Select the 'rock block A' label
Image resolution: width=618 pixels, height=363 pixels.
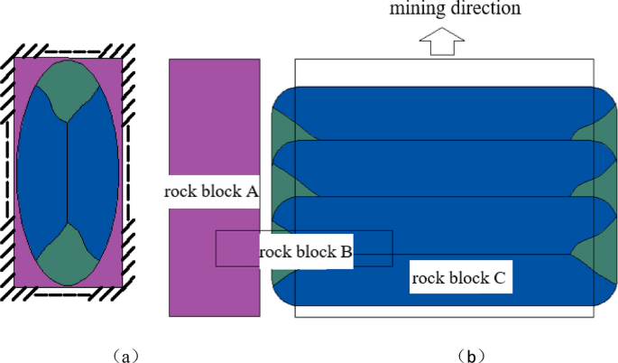coord(211,191)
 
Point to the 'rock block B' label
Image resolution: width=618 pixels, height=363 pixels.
coord(305,252)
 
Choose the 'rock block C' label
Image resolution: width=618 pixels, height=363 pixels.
coord(462,278)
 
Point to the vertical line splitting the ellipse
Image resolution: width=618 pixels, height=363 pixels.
coord(69,172)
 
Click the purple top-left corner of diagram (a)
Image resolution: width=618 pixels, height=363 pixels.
coord(22,67)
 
